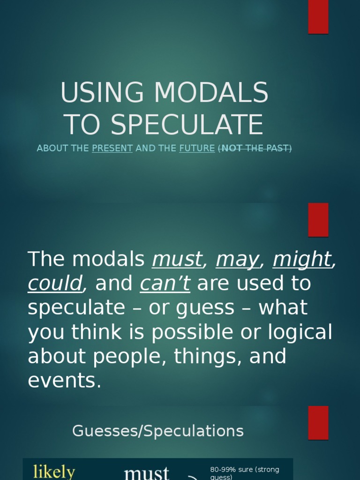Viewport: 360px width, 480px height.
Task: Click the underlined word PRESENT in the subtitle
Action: [x=112, y=149]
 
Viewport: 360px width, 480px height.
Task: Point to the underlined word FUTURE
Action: [x=197, y=149]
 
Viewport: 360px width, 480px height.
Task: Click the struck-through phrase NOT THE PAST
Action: [x=255, y=149]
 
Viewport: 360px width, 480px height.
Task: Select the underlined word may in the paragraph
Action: [x=237, y=259]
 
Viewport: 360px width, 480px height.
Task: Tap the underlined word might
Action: [x=302, y=259]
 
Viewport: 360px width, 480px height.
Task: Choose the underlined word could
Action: [x=55, y=284]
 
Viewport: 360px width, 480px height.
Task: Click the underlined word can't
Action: [x=165, y=284]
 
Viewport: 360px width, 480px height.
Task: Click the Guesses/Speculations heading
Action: [x=158, y=431]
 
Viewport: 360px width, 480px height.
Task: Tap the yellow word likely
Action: [x=54, y=472]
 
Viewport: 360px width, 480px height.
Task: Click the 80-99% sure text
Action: [x=245, y=470]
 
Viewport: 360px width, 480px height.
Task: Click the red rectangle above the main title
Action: [x=318, y=17]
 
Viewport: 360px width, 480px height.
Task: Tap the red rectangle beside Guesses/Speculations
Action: [x=318, y=422]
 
